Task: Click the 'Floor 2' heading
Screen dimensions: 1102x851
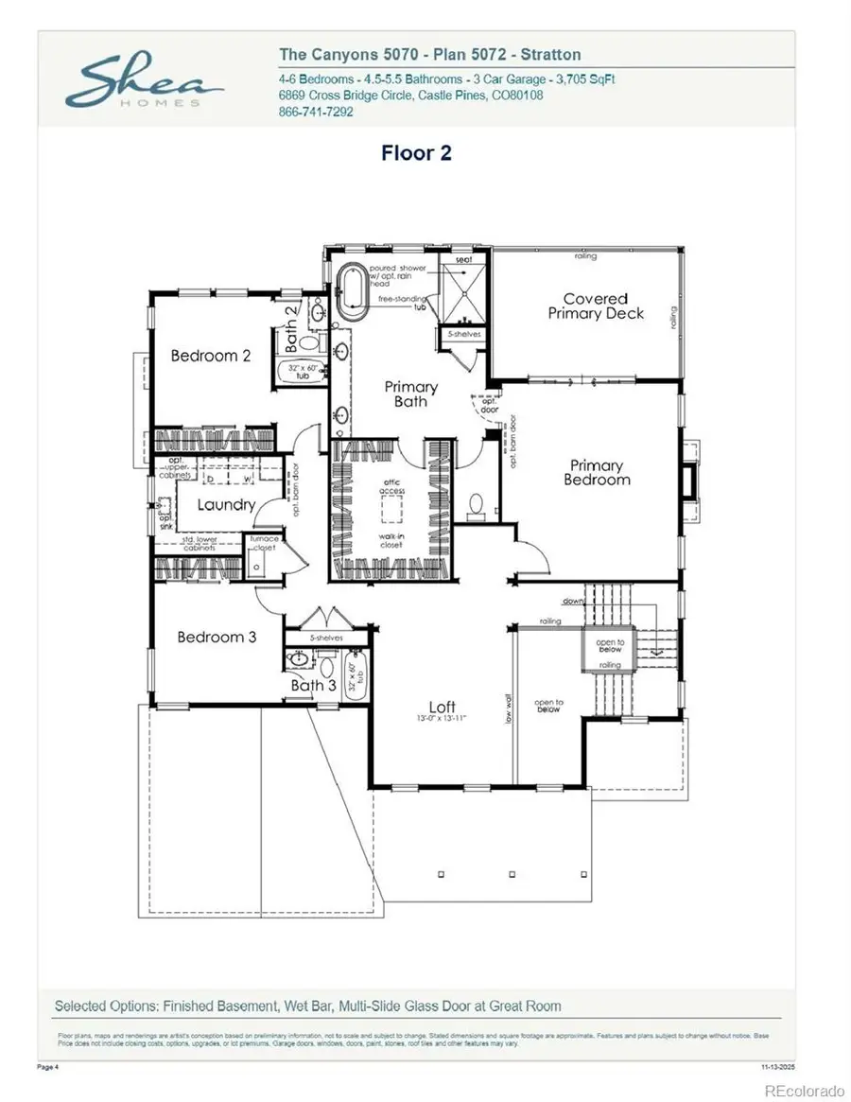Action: [416, 153]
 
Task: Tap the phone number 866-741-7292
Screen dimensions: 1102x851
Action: [316, 111]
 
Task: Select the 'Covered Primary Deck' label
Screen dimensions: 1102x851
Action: [596, 306]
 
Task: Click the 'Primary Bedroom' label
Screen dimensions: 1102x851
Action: [597, 472]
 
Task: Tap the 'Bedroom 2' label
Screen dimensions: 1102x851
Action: [210, 356]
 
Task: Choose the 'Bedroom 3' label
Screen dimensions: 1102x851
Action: [217, 637]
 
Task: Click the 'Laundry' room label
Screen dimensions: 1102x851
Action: [226, 504]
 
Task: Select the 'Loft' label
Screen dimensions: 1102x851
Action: [442, 707]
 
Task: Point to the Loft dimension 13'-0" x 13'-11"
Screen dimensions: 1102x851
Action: [442, 720]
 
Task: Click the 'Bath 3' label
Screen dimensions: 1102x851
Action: [313, 685]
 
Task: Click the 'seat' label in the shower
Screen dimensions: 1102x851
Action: [463, 259]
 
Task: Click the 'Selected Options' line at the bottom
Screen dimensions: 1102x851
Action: [307, 1006]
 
